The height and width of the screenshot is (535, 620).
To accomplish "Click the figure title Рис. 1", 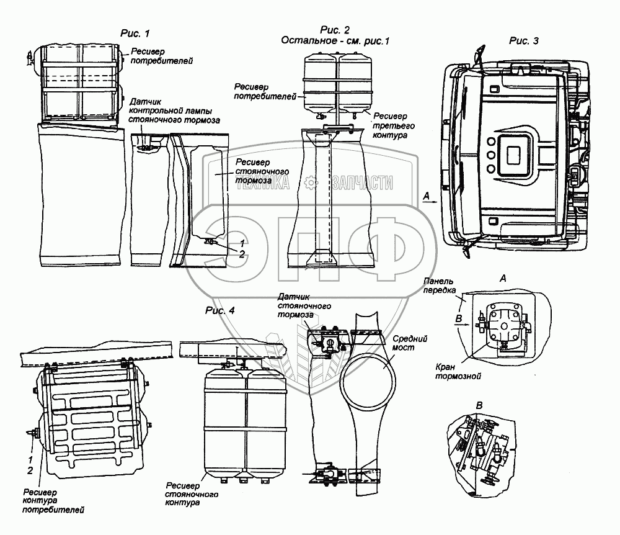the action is coord(137,32).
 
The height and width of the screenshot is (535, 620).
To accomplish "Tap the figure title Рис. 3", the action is coord(523,40).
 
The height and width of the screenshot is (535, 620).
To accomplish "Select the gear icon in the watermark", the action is coord(311,181).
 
